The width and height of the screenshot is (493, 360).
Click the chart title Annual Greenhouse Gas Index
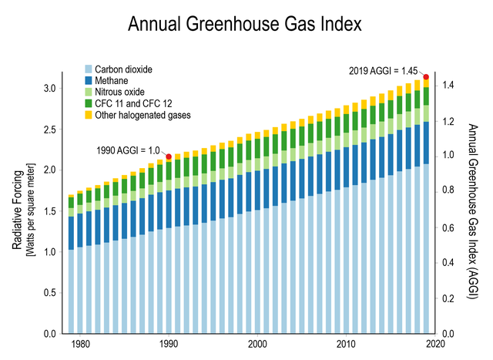[244, 23]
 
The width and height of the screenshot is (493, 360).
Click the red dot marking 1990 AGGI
[169, 156]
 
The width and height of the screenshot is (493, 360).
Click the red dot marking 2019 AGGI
[426, 76]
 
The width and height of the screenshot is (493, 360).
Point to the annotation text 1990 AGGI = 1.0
[129, 150]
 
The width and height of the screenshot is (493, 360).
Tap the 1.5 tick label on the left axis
[49, 211]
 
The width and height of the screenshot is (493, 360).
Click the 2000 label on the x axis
[257, 344]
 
